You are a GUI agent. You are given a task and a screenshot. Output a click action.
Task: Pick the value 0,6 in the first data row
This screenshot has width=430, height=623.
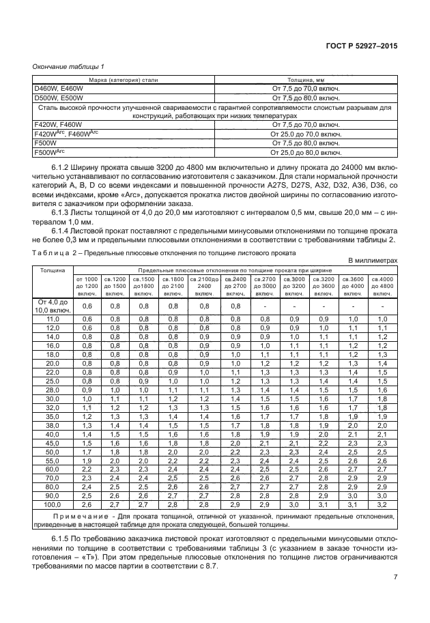tap(87, 306)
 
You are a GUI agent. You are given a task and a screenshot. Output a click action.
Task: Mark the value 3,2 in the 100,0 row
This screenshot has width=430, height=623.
tap(382, 505)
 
